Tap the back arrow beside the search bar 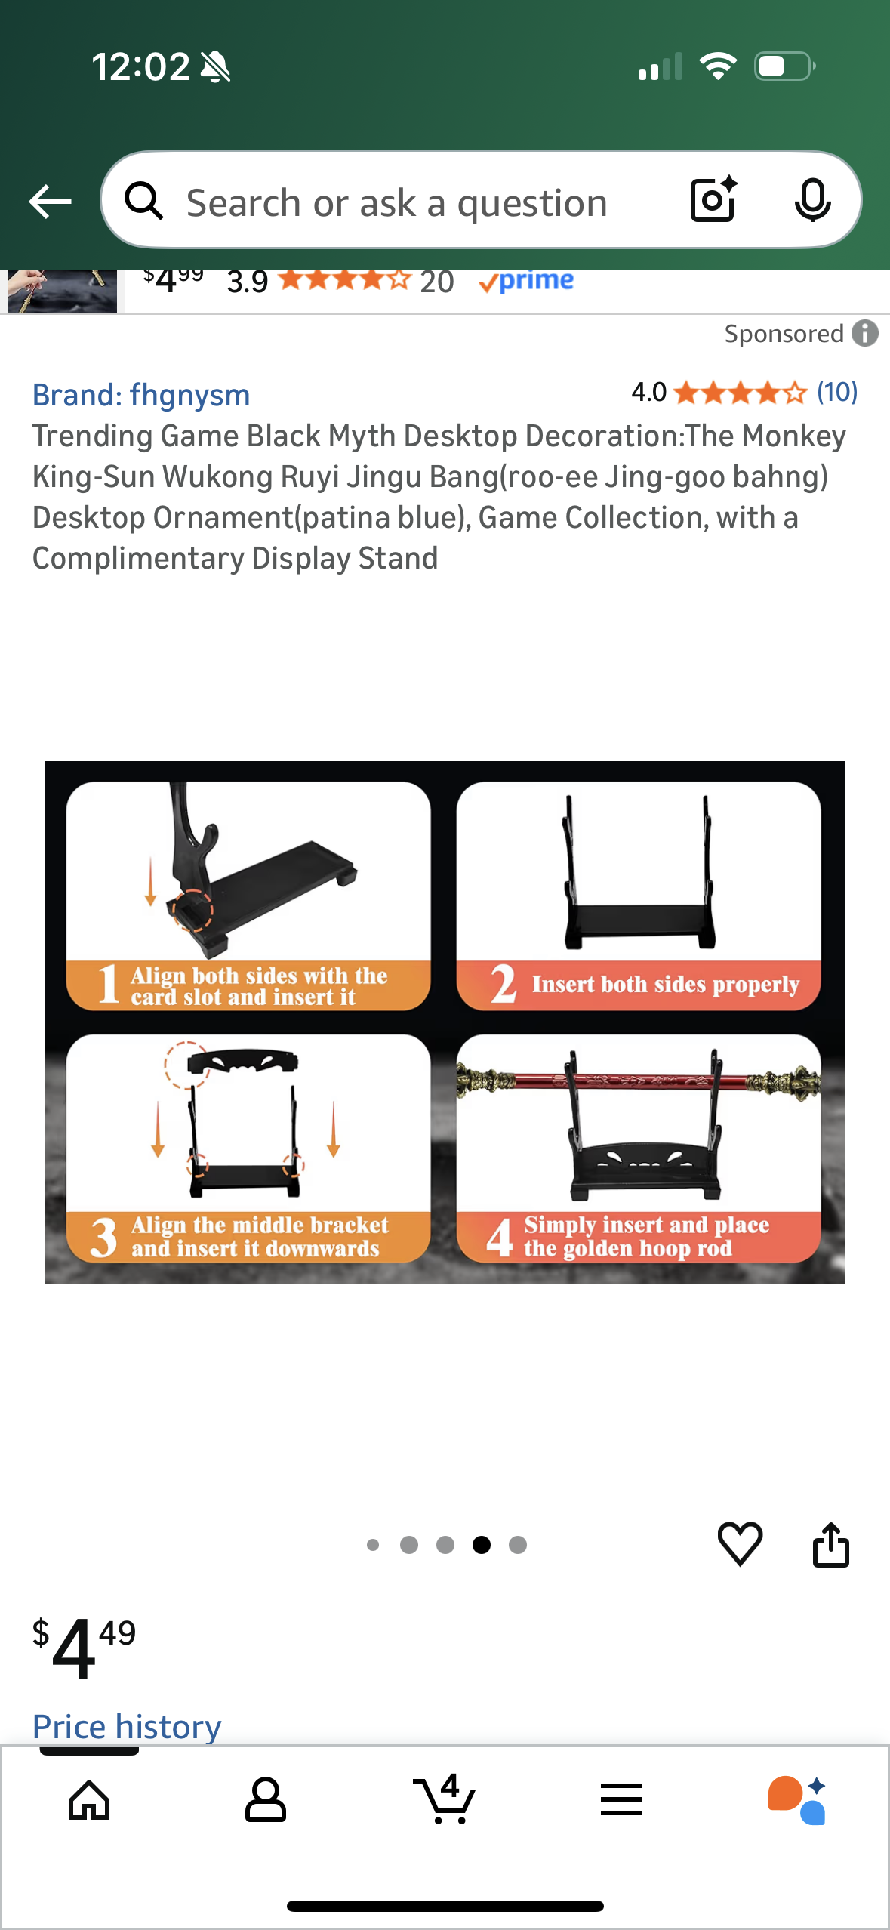(50, 202)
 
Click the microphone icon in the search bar (812, 201)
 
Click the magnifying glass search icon (143, 201)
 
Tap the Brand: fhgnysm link (141, 395)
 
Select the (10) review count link (837, 392)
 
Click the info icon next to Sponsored (865, 333)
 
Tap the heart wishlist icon (740, 1544)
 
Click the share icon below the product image (831, 1544)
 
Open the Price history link (127, 1726)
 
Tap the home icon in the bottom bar (89, 1800)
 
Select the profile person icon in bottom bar (266, 1799)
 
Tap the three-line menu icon (621, 1799)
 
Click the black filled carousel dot (482, 1545)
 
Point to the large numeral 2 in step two (504, 983)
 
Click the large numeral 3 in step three (104, 1237)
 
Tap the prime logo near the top (526, 281)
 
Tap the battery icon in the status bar (785, 66)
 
